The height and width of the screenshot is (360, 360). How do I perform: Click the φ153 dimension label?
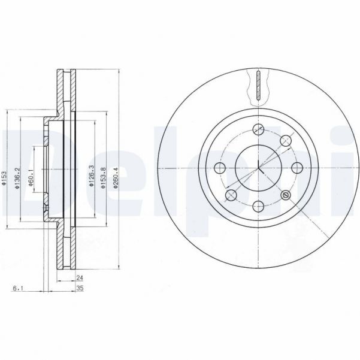5,179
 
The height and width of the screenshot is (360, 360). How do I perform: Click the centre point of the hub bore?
258,167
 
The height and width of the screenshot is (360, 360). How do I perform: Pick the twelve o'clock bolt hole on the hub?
258,129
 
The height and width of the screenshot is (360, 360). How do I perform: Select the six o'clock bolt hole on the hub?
258,206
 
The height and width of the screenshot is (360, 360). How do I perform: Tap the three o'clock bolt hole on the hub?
297,167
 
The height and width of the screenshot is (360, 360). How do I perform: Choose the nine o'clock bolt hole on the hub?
219,167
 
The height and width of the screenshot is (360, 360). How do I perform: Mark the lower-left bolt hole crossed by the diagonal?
231,195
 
